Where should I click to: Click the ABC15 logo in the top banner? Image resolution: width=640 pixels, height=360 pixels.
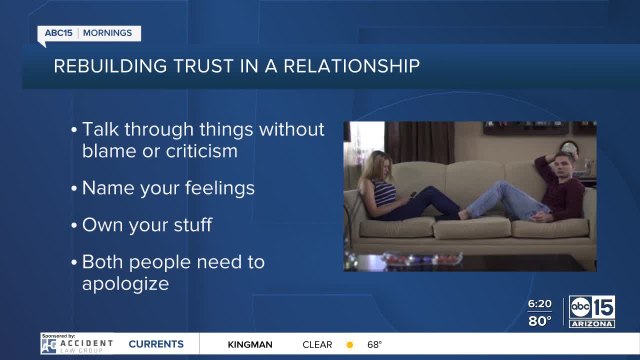pos(59,33)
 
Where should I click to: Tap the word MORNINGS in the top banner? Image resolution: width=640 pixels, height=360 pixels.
pos(108,33)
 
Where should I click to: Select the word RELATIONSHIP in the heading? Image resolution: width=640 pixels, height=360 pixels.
pos(352,66)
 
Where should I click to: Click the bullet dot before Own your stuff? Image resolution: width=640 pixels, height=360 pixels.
pos(74,225)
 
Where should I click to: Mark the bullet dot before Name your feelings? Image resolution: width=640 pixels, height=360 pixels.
pos(74,188)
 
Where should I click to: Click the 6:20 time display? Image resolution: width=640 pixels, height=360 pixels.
pos(540,304)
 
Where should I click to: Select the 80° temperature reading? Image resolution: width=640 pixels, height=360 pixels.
pos(540,321)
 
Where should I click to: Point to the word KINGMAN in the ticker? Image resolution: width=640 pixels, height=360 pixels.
pos(250,345)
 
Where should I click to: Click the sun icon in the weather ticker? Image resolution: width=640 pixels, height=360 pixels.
pos(350,345)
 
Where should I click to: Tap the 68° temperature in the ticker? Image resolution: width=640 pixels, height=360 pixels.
pos(374,345)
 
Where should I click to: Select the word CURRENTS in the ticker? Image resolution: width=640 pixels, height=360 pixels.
pos(155,345)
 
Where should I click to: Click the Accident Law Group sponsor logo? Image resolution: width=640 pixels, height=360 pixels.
pos(77,345)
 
